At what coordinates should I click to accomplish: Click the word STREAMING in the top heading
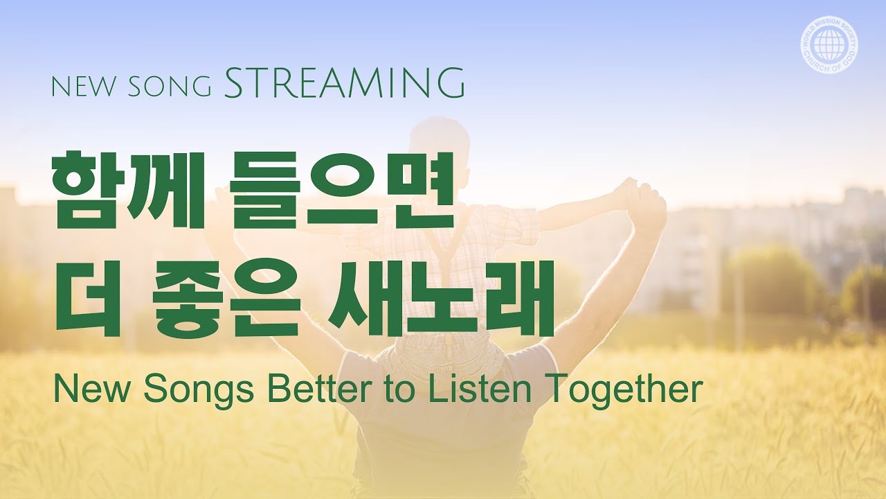click(344, 82)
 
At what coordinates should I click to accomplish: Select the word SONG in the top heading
click(170, 87)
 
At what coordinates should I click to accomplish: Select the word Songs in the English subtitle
click(199, 389)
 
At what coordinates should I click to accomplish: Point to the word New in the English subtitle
click(92, 389)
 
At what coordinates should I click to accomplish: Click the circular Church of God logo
click(829, 46)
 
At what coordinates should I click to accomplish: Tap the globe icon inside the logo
click(829, 46)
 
